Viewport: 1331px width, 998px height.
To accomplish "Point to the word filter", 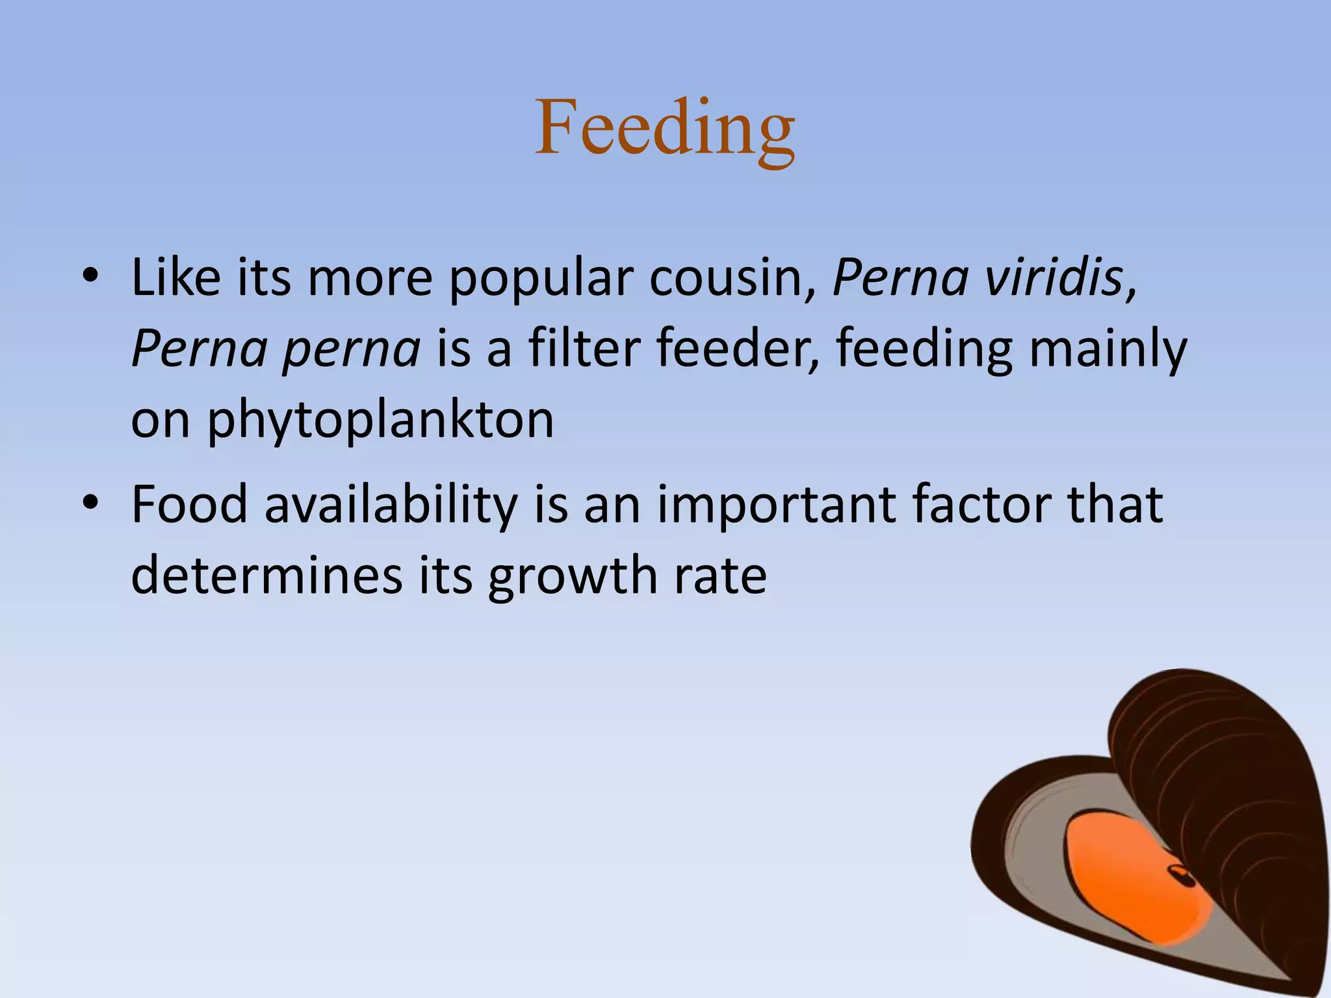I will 584,348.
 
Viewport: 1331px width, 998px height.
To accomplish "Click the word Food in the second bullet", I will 189,504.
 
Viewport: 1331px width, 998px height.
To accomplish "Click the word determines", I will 266,576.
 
